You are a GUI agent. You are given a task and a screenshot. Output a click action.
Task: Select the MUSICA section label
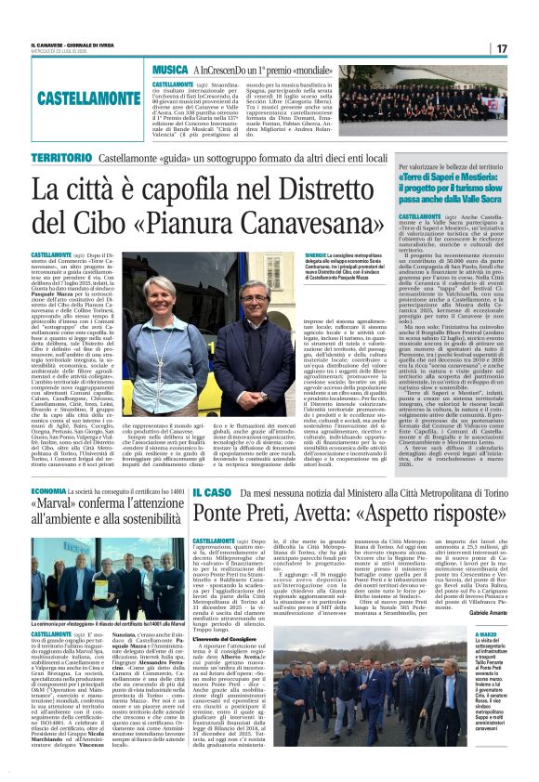click(x=170, y=70)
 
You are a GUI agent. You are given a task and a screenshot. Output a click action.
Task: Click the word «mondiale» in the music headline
click(x=334, y=70)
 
